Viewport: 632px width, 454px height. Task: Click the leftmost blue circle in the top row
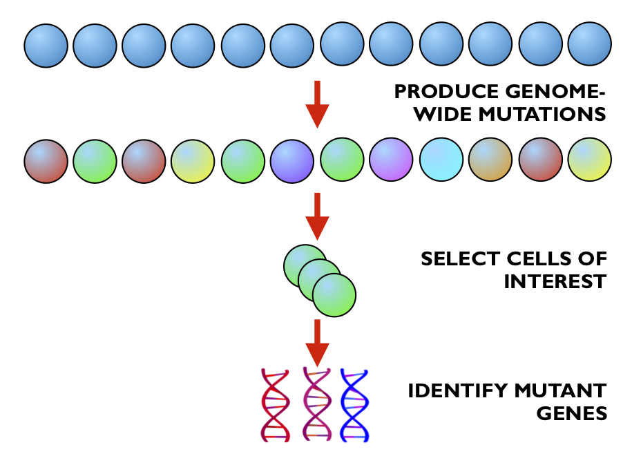[x=46, y=45]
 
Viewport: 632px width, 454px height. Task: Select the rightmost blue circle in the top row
[x=589, y=45]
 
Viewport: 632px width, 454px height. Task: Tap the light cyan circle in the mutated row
[x=441, y=160]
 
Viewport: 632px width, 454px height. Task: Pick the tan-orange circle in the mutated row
[x=490, y=160]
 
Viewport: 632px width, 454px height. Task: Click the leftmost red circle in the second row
[x=46, y=160]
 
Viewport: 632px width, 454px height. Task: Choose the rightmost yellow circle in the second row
[x=589, y=160]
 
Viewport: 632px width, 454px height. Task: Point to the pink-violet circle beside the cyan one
[x=392, y=160]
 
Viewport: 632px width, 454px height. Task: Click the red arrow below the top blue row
[x=317, y=104]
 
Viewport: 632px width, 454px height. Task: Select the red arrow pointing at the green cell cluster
[x=317, y=216]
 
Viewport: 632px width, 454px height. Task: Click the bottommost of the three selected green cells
[x=334, y=295]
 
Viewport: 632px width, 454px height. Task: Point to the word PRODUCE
[x=439, y=92]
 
